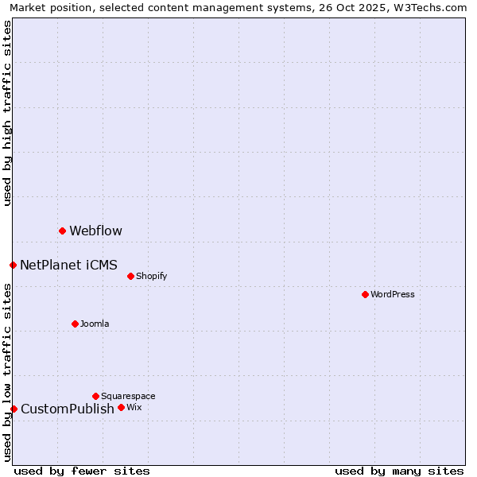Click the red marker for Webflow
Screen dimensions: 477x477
click(62, 231)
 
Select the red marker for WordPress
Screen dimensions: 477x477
click(365, 294)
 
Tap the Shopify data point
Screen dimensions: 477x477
click(130, 276)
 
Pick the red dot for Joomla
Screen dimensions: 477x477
click(75, 324)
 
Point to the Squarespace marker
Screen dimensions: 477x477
click(95, 396)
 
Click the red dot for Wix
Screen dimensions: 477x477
click(121, 407)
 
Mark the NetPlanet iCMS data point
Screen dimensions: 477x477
click(13, 265)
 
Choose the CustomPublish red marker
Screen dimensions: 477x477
click(14, 409)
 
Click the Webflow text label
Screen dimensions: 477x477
click(95, 231)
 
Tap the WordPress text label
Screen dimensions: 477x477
click(393, 295)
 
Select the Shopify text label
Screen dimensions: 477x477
click(151, 277)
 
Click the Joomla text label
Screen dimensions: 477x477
click(95, 324)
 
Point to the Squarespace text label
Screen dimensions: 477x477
click(128, 397)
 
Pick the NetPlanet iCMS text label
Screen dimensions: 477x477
click(68, 266)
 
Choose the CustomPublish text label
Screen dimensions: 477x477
click(68, 409)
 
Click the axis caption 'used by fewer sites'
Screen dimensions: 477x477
click(82, 471)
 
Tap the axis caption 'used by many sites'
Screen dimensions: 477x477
click(399, 471)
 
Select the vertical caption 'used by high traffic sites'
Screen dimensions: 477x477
click(8, 113)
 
